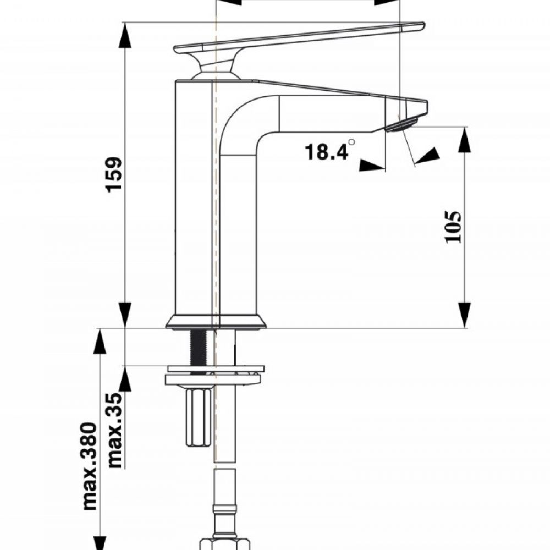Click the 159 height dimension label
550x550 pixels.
[114, 175]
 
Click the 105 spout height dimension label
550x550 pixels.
[452, 226]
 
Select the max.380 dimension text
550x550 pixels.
[89, 474]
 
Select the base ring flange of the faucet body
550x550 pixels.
[216, 322]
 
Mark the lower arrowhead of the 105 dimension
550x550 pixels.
[465, 315]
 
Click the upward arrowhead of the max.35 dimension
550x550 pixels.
[126, 379]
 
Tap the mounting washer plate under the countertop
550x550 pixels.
[215, 379]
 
